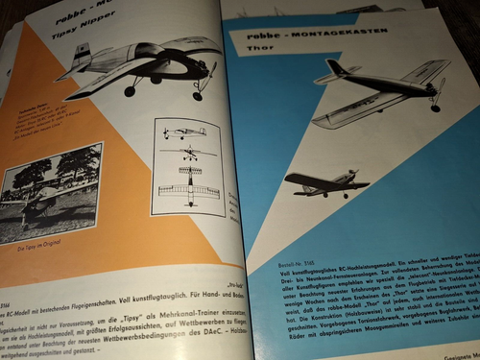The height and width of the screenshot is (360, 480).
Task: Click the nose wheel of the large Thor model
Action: pyautogui.click(x=437, y=107)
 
